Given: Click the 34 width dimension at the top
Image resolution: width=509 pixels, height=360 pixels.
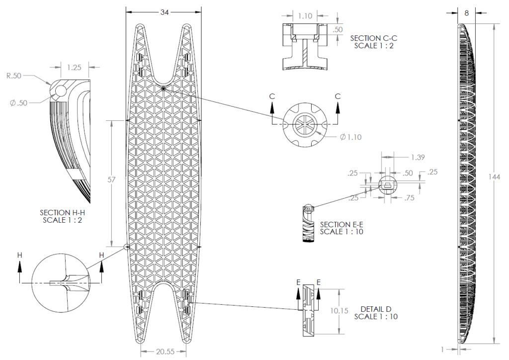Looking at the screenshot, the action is click(x=165, y=12).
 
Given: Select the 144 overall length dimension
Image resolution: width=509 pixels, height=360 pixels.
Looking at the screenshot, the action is click(x=494, y=177).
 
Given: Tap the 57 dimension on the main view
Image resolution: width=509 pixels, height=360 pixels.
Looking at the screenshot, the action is click(x=111, y=180).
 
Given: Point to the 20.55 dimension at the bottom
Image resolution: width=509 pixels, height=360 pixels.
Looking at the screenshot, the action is click(x=165, y=351).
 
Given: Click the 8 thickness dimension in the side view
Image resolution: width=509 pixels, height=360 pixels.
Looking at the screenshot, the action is click(x=466, y=13).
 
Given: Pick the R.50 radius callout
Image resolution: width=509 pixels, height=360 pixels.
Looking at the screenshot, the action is click(x=14, y=76).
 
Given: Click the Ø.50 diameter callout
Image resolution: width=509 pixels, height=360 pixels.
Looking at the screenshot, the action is click(x=19, y=103).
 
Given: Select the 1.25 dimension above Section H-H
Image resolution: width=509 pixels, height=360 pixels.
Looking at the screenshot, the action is click(x=74, y=68).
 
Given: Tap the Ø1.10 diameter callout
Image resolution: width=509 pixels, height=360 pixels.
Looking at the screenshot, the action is click(x=350, y=137).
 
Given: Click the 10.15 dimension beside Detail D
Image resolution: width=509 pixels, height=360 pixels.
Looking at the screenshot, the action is click(x=339, y=311).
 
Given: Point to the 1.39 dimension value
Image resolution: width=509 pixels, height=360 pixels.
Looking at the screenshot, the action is click(x=418, y=158).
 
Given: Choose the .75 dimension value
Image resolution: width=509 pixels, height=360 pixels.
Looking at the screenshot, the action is click(x=410, y=198).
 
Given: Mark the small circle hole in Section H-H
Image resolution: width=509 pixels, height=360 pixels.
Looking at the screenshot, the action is click(x=60, y=91).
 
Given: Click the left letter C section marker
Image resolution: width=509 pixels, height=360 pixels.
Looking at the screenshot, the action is click(x=272, y=96).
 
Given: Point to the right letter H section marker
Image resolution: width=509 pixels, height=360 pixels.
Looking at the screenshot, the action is click(x=101, y=255).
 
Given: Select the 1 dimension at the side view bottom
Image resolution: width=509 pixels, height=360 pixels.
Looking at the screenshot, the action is click(x=442, y=349).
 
